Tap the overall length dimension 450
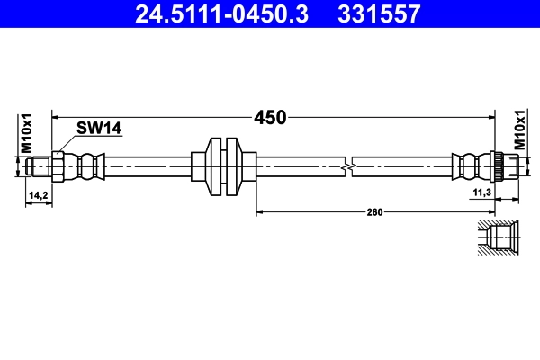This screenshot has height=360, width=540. click(269, 117)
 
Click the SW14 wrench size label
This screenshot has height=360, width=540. click(99, 129)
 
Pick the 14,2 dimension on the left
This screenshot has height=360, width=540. click(38, 194)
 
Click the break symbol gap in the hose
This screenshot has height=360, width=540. click(350, 166)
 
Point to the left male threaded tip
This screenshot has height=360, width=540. click(39, 166)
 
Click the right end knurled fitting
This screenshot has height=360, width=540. click(497, 166)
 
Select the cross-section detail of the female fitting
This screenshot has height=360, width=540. click(497, 239)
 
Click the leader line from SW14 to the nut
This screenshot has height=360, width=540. click(68, 142)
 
